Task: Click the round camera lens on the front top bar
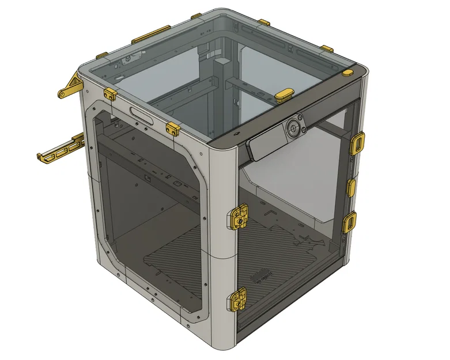click(293, 128)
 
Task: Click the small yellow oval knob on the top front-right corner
click(347, 73)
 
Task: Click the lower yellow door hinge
click(239, 300)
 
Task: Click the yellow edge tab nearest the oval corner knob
click(326, 48)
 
